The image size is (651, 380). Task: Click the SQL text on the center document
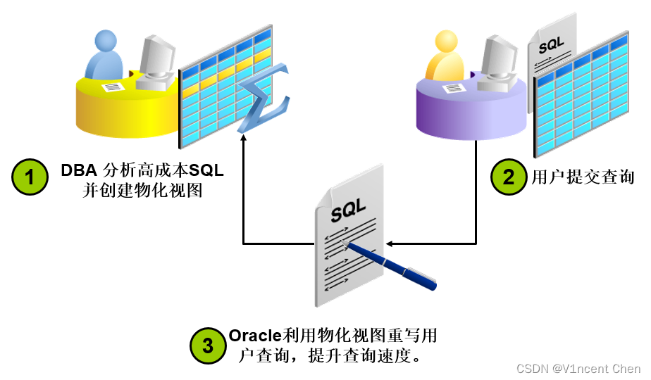(349, 209)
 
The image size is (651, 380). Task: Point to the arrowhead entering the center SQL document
(390, 244)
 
